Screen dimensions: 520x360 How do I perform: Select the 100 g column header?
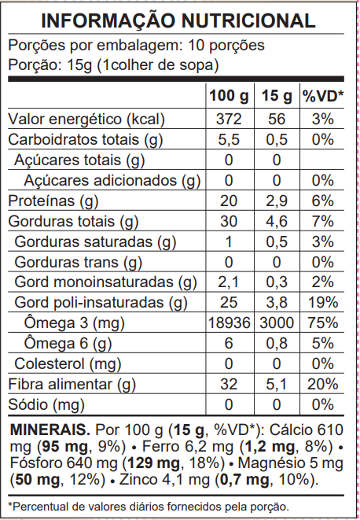tap(229, 96)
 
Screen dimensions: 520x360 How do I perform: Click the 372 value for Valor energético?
tap(229, 120)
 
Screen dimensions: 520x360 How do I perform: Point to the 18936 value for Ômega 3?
tap(229, 323)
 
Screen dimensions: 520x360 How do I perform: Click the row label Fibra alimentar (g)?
tap(68, 385)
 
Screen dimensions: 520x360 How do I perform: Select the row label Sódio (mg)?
tap(46, 405)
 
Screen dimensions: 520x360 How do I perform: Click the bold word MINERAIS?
tap(46, 431)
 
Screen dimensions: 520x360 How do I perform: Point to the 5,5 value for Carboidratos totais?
tap(229, 140)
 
